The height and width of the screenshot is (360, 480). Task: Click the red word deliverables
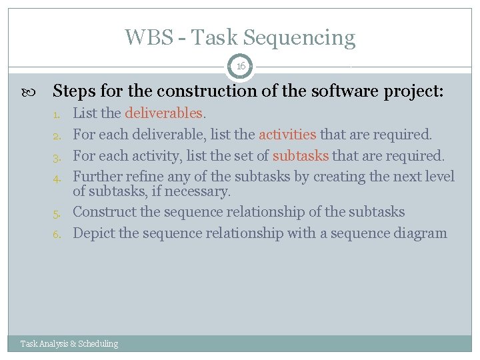(163, 113)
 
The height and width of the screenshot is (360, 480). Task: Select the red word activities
(287, 134)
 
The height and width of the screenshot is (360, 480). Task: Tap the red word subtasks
(301, 155)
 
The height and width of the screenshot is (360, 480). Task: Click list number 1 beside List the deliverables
(57, 115)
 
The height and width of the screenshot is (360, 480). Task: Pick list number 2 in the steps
(57, 135)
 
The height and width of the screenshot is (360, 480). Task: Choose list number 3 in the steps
(57, 157)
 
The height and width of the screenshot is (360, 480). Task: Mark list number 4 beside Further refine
(57, 178)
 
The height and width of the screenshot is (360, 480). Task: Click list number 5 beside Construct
(57, 213)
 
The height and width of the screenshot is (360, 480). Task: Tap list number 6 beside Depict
(57, 234)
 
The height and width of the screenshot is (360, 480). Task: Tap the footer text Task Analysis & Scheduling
(69, 344)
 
